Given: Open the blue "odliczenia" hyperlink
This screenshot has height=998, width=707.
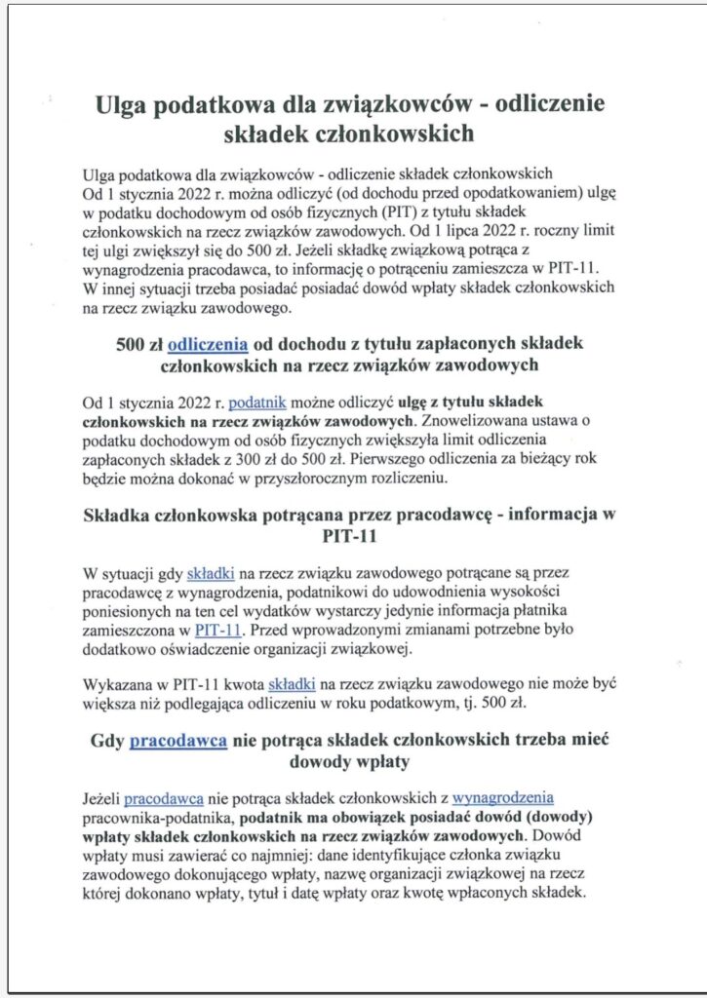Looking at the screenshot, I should pos(208,343).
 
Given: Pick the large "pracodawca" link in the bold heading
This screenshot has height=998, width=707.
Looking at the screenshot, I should pos(178,740).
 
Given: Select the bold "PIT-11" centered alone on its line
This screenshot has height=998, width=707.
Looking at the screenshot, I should pos(354,535).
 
